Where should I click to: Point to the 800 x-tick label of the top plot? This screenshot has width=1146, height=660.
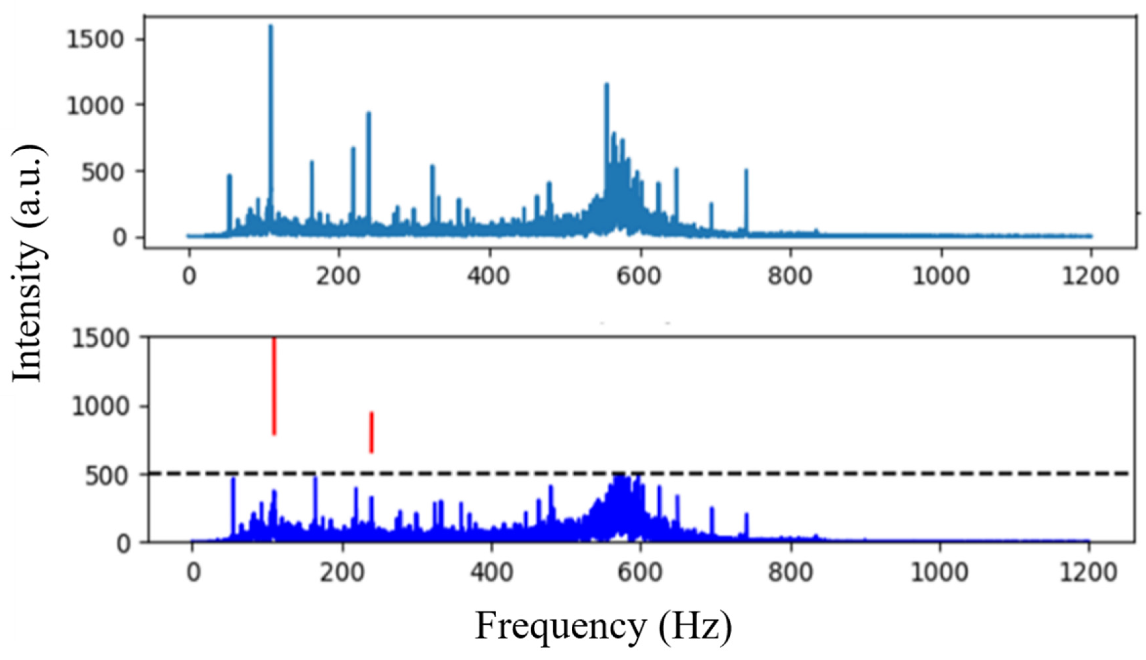point(790,276)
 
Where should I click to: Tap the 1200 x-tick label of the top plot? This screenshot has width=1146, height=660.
point(1090,276)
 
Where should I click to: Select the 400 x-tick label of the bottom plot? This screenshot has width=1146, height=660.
point(492,572)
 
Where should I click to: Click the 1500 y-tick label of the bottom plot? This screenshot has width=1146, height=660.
point(100,339)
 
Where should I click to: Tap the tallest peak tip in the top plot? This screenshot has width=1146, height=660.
point(271,26)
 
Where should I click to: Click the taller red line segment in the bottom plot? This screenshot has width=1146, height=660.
point(274,386)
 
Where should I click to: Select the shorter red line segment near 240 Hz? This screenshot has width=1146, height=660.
point(371,432)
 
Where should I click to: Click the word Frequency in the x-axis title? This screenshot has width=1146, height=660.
point(560,626)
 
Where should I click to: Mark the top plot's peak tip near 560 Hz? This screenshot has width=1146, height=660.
point(606,84)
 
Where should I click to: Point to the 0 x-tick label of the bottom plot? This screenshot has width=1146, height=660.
point(193,572)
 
